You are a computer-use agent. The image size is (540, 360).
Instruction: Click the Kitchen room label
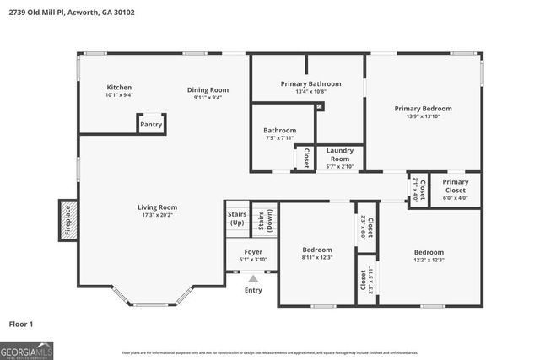(119, 91)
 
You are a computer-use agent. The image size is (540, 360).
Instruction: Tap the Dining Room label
(208, 94)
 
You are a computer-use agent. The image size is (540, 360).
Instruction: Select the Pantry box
(151, 124)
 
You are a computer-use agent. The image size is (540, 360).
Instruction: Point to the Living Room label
(158, 211)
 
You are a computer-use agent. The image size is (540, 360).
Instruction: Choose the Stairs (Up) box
(237, 218)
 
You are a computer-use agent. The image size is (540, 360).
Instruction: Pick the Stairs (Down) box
(264, 219)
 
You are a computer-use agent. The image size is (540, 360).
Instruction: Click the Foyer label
(253, 255)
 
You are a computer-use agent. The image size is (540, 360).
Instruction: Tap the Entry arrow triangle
(253, 277)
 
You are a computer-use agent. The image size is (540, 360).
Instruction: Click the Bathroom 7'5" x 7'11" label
(279, 134)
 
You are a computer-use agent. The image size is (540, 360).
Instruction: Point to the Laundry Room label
(339, 158)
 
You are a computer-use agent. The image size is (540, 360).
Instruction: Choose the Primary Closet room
(456, 190)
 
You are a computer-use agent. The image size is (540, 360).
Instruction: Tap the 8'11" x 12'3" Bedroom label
(317, 254)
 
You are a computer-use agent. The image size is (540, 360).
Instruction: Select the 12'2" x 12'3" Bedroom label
(429, 255)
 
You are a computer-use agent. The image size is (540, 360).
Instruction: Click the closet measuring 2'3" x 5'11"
(365, 278)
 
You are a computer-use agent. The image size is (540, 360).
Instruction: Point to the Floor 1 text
(21, 324)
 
